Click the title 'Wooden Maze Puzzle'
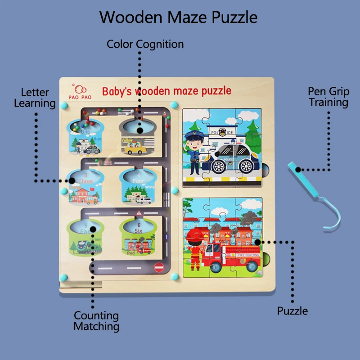coord(179,17)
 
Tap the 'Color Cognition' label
coord(145,44)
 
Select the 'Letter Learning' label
coord(35,98)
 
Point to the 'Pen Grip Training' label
coord(328,96)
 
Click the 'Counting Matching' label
coord(96,321)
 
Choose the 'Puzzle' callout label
coord(292,311)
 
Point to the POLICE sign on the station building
coord(223,132)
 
